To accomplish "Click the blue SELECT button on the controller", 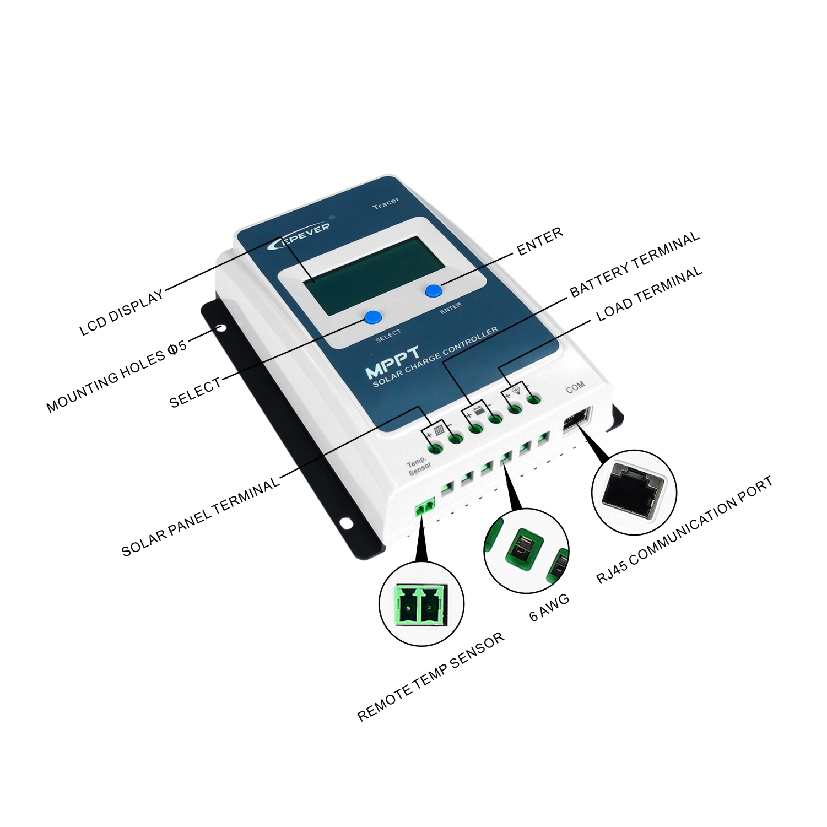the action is point(372,317).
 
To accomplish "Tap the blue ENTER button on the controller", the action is point(433,291).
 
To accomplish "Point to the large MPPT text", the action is point(393,362).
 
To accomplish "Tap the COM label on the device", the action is point(575,388).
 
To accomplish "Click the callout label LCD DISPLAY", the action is point(122,312).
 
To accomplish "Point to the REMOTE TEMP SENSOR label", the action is point(431,677).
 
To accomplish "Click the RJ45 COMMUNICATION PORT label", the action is point(685,530).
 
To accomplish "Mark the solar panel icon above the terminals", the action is point(439,431).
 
